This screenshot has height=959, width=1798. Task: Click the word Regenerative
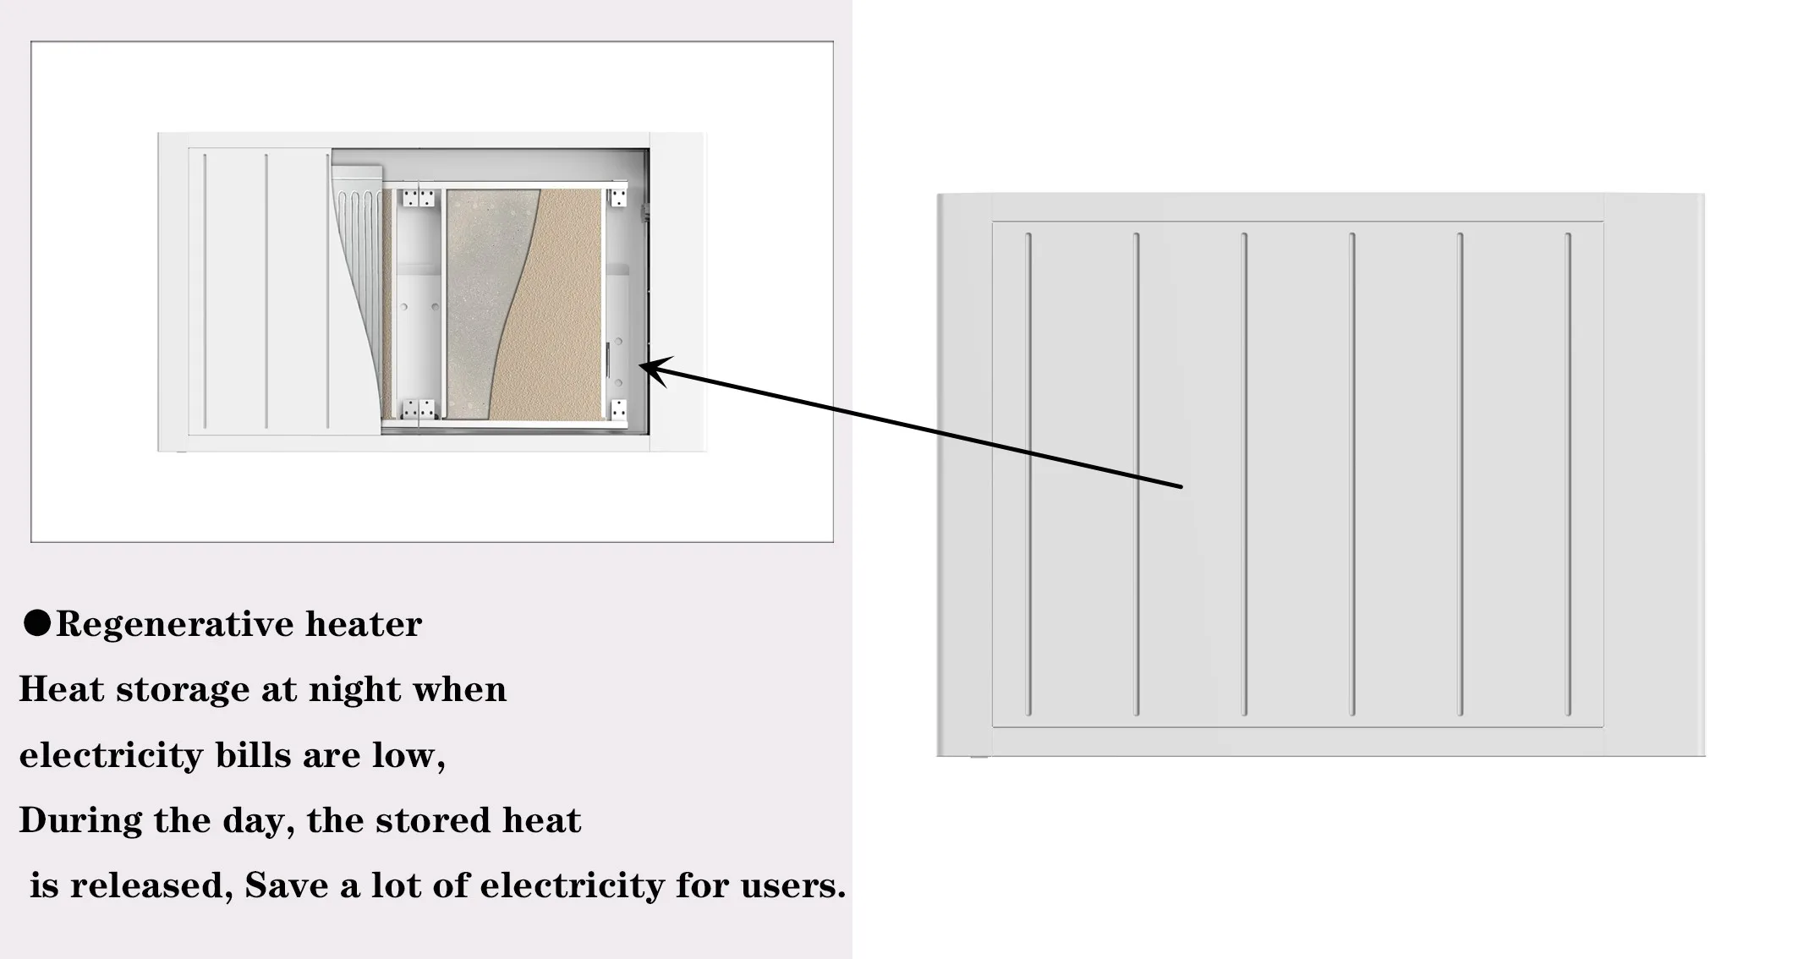[x=174, y=625]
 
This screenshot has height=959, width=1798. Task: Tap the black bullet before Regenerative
[x=36, y=623]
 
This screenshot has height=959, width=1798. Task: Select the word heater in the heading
[x=363, y=625]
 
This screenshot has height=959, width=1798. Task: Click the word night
[x=354, y=690]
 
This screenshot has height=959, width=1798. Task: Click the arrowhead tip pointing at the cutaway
[x=642, y=365]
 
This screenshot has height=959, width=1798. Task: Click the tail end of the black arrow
[x=1181, y=487]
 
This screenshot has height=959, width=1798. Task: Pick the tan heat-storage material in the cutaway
[x=558, y=321]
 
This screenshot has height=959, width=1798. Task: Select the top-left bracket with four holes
[x=419, y=199]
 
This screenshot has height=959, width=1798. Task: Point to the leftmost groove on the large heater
[x=1028, y=474]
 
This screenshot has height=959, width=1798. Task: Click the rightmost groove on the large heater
[x=1568, y=474]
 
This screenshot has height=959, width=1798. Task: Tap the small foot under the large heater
[x=978, y=757]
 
